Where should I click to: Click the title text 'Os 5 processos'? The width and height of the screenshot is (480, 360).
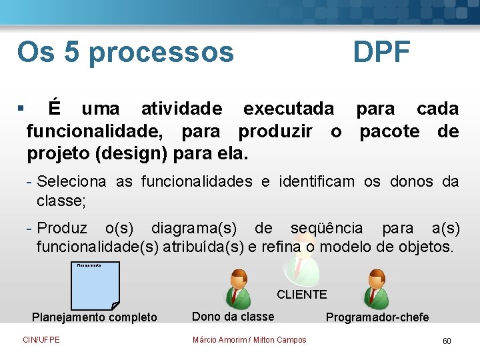click(x=125, y=52)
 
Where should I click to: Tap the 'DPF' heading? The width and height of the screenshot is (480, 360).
click(x=381, y=52)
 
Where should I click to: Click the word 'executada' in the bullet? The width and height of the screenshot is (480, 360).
click(x=289, y=108)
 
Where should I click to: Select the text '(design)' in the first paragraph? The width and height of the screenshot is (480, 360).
click(x=131, y=154)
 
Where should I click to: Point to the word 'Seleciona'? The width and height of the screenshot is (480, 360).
click(x=73, y=181)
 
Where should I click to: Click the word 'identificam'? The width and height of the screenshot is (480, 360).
click(x=317, y=181)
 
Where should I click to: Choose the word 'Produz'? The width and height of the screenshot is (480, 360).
click(x=62, y=228)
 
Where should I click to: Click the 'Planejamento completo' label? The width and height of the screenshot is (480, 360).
click(x=95, y=317)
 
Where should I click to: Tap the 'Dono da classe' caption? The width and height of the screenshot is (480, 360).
click(x=233, y=317)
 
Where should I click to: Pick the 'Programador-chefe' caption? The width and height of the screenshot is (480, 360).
click(x=377, y=317)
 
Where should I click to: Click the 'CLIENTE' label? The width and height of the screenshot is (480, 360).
click(x=301, y=294)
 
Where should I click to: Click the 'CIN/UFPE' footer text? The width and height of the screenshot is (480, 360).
click(x=41, y=340)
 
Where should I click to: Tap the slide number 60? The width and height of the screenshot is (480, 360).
click(x=447, y=341)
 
